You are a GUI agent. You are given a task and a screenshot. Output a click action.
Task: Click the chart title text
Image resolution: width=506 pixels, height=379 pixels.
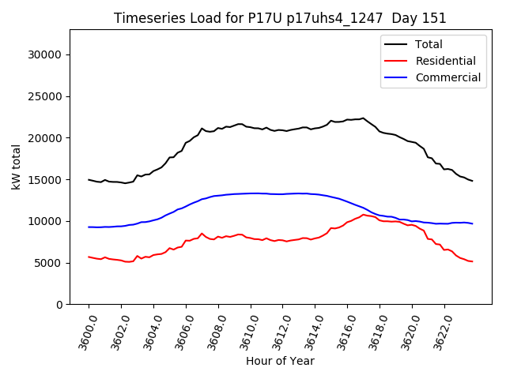click(280, 18)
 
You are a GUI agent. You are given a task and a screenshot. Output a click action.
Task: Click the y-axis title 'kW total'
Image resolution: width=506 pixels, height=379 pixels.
click(17, 167)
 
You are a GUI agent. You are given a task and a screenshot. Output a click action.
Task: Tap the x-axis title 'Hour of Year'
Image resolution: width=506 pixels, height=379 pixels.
click(280, 361)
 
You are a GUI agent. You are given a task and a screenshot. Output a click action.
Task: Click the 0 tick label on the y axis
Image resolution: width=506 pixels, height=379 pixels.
click(59, 304)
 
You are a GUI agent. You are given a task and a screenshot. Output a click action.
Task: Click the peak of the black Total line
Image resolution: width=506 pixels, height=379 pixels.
click(363, 118)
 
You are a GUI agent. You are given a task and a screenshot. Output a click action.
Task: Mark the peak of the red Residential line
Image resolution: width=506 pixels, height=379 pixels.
click(363, 214)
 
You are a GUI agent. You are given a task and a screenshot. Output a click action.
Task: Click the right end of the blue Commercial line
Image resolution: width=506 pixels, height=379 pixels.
click(472, 223)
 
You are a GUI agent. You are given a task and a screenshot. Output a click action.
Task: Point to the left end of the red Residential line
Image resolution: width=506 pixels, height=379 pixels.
click(89, 257)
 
